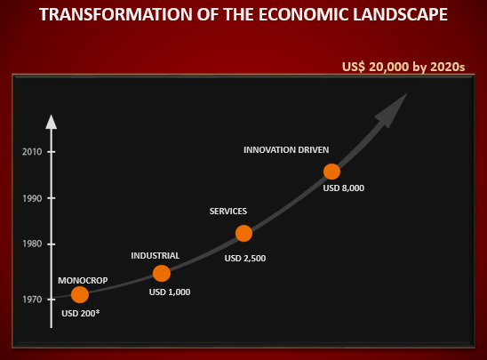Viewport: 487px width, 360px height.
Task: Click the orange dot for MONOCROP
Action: (80, 294)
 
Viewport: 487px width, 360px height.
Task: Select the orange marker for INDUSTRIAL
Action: (162, 274)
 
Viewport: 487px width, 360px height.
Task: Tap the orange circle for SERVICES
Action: (244, 233)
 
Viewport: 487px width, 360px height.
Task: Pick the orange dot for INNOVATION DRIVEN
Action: (331, 172)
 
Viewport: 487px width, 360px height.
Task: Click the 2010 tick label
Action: (32, 152)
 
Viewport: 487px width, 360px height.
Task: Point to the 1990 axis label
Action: (32, 198)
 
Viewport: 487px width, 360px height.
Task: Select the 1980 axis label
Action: (32, 244)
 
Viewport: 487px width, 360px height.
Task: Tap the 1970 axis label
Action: (32, 300)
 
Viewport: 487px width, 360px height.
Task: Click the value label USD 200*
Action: (81, 313)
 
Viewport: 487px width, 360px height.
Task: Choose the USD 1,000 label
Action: (170, 292)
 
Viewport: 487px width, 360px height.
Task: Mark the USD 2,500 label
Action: (245, 258)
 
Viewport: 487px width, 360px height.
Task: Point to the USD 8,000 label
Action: (344, 188)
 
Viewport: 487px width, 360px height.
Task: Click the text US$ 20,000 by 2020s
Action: (403, 67)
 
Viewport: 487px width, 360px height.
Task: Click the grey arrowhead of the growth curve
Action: (393, 109)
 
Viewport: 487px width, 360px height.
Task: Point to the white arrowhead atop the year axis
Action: (52, 122)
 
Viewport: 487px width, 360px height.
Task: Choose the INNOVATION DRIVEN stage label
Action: (286, 149)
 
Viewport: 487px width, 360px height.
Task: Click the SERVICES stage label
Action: (228, 212)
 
